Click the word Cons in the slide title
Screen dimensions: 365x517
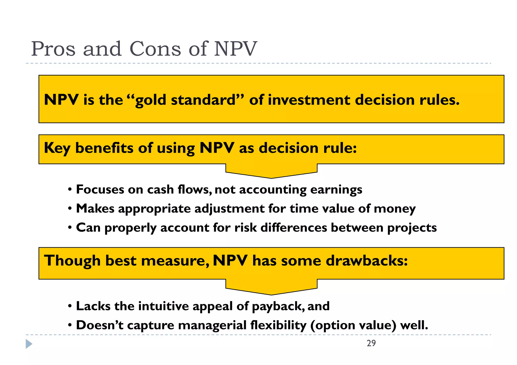155,49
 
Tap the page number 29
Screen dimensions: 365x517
371,343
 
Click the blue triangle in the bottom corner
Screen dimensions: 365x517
29,344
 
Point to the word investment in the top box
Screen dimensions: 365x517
309,100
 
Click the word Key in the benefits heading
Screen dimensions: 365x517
57,148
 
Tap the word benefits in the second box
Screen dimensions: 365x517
104,148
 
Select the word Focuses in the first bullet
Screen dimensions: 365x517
100,190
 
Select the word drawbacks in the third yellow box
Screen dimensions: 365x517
367,261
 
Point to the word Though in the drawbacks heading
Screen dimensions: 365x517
72,261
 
